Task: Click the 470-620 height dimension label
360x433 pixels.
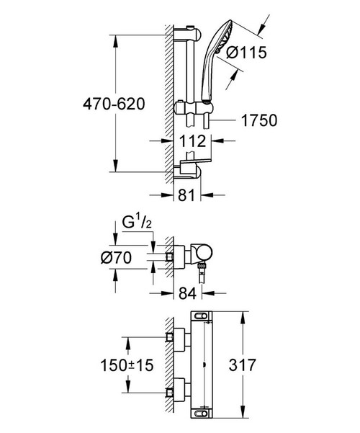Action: pos(73,103)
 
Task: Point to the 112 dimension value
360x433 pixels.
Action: pos(189,143)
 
